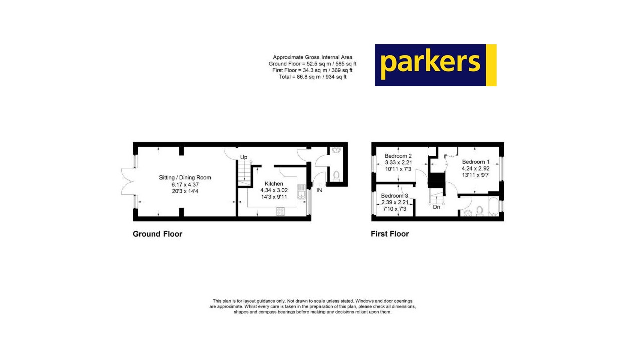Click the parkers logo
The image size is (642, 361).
pos(435,65)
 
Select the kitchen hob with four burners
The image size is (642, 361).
pos(280,212)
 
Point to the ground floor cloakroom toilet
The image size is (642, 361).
pos(336,175)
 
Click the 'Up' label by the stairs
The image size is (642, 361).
pos(244,157)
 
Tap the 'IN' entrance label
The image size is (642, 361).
pos(319,190)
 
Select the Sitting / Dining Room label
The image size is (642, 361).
pos(185,177)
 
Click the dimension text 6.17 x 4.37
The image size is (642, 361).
pos(185,184)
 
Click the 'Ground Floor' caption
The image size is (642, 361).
pos(157,234)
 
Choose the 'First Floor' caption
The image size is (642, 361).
pos(390,234)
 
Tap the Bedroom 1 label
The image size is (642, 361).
pos(475,162)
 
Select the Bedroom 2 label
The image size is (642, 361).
pos(398,156)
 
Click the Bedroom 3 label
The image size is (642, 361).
pos(394,196)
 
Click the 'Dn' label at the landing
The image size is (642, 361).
pos(436,207)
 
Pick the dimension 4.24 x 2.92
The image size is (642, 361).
pos(475,169)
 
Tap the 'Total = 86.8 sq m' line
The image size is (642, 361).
pos(312,77)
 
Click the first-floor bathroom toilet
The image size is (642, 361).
pos(479,211)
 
